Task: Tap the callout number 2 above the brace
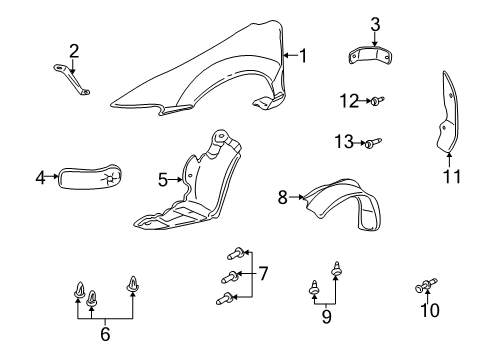(73, 50)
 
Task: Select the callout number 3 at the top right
(375, 23)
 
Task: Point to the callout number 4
(41, 178)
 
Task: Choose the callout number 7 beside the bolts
(264, 273)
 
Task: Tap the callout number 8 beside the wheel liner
(284, 198)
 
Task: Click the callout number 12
(347, 100)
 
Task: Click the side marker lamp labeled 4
(93, 177)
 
